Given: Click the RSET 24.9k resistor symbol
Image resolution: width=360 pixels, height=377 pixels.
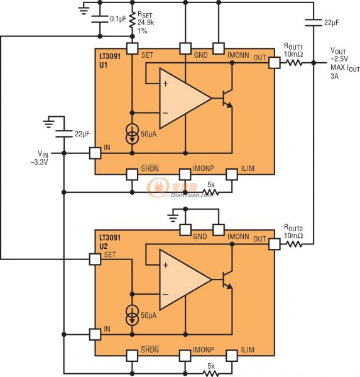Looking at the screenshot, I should coord(132,24).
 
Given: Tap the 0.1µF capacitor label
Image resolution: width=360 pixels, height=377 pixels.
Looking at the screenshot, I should coord(116,19).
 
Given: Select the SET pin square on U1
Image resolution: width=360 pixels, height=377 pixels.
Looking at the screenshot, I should coord(132,48).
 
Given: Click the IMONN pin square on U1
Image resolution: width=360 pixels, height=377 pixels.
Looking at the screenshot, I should coord(218,48).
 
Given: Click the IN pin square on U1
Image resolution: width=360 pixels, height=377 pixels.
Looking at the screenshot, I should coord(94,152).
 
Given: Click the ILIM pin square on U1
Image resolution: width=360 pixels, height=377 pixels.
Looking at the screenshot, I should coord(232,174).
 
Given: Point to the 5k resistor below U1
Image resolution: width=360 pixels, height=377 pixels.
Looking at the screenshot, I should coord(211,192).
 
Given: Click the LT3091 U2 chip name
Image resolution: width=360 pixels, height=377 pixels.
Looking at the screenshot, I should coord(111,243).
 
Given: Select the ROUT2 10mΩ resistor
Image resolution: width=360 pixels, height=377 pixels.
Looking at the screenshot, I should coord(295,243).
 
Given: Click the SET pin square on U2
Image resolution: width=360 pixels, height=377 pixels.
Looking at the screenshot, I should coord(94,259).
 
